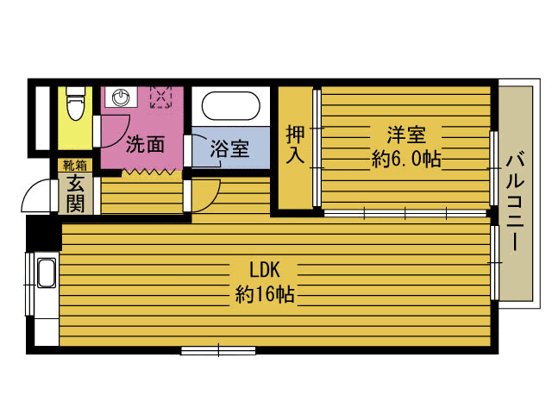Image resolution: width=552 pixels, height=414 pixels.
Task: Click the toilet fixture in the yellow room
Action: point(75,103)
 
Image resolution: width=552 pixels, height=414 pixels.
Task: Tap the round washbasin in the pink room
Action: point(121,97)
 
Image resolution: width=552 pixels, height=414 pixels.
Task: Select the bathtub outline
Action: point(230,105)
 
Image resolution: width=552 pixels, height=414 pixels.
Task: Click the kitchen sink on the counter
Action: point(47,273)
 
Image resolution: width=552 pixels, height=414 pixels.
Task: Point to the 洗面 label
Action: point(146,144)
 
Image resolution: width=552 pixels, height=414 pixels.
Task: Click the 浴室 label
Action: point(229,149)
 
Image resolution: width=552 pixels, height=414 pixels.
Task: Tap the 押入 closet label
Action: point(295,144)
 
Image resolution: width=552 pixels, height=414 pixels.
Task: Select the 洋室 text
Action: point(406,135)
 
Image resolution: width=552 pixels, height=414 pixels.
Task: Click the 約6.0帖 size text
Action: point(406,160)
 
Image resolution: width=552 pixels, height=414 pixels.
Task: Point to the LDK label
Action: point(265,270)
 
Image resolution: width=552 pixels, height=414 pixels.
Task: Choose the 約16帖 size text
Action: point(265,294)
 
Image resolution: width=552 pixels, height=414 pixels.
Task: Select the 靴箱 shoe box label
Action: point(75,165)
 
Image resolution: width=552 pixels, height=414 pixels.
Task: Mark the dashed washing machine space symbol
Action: point(161,96)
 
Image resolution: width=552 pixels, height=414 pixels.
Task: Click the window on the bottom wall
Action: point(218,351)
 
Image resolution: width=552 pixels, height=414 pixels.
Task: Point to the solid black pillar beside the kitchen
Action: point(44,233)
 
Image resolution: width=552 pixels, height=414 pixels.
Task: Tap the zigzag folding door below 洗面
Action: point(148,172)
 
